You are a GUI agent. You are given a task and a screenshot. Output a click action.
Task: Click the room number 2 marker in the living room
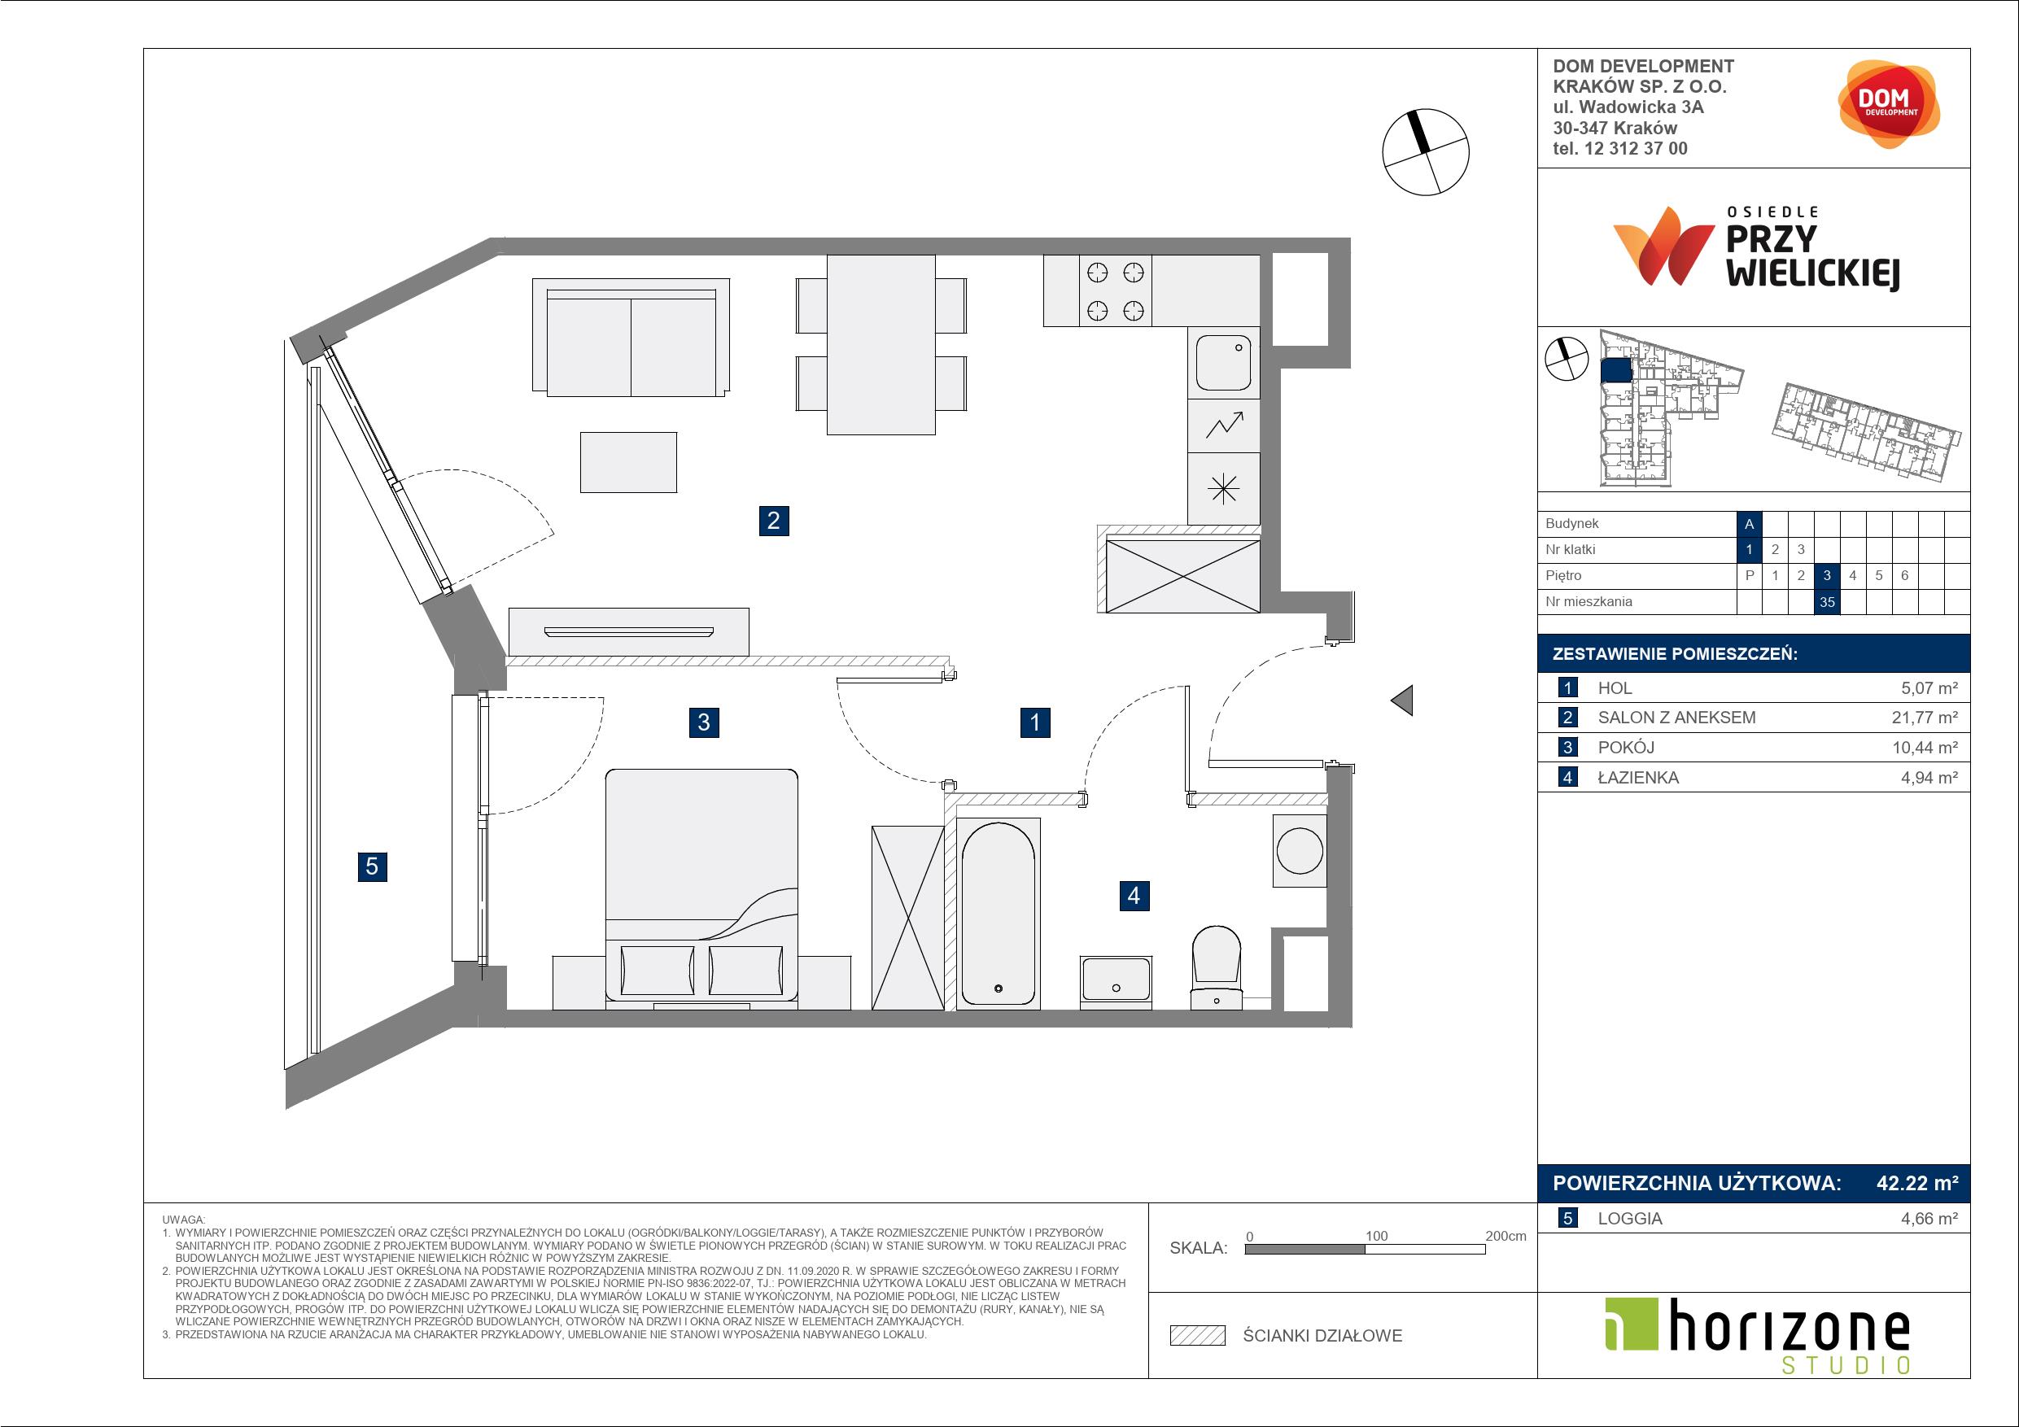point(773,521)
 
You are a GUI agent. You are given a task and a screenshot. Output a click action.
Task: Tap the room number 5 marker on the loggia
point(372,866)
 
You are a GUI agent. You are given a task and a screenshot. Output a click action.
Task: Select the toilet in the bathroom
point(1216,967)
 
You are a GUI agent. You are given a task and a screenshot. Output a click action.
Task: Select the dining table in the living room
point(881,345)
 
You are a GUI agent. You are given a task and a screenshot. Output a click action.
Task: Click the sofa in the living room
point(631,338)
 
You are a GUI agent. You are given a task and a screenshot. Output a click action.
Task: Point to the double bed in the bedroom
point(701,886)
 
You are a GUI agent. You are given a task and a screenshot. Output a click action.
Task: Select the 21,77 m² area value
point(1925,718)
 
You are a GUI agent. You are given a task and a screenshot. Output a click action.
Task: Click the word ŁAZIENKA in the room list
point(1638,777)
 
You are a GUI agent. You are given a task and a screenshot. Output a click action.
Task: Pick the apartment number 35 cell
point(1827,602)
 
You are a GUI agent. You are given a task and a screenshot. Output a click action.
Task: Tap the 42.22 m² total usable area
point(1917,1184)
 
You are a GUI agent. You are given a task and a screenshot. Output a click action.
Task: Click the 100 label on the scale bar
point(1376,1235)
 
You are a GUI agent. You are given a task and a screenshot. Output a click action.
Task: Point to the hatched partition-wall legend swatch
point(1198,1336)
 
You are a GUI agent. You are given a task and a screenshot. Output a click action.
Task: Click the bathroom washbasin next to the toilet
point(1116,980)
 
